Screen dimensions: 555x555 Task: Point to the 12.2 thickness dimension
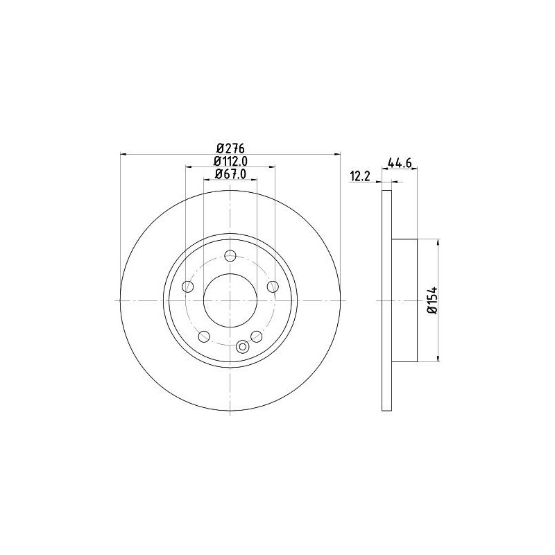(359, 177)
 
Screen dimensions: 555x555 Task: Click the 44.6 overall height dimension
(400, 164)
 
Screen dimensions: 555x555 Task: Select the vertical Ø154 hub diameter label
(432, 301)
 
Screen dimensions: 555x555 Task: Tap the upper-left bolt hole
(187, 287)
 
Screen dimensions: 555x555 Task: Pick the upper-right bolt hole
(273, 287)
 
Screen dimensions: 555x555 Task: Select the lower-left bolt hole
(204, 336)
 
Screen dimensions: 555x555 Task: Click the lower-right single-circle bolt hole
(257, 336)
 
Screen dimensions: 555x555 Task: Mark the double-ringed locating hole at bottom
(244, 347)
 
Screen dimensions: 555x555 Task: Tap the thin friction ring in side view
(387, 300)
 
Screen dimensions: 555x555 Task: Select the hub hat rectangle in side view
(404, 300)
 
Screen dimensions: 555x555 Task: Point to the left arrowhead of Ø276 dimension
(124, 154)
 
